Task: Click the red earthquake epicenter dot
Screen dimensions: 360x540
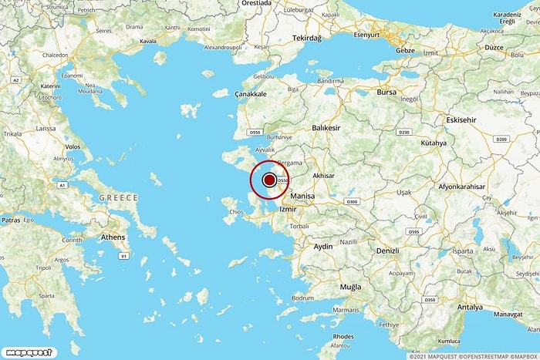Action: pyautogui.click(x=269, y=180)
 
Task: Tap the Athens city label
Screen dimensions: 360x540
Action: pyautogui.click(x=113, y=237)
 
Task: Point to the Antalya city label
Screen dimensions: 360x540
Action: pyautogui.click(x=469, y=306)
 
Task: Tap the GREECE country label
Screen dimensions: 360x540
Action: pyautogui.click(x=118, y=198)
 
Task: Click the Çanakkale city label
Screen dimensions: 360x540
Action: pyautogui.click(x=251, y=93)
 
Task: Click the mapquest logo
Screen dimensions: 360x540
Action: pyautogui.click(x=28, y=352)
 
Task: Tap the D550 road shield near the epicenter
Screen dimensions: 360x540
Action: pyautogui.click(x=282, y=180)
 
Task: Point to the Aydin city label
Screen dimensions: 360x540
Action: pyautogui.click(x=323, y=246)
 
